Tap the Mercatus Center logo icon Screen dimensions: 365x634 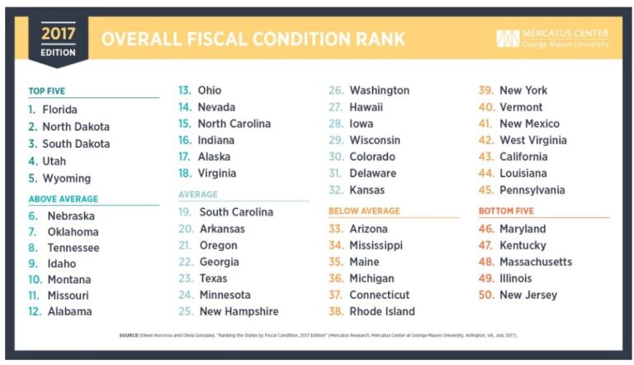507,39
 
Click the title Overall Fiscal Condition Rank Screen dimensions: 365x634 253,39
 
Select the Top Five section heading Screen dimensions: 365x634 48,91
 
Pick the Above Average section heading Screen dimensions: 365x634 63,199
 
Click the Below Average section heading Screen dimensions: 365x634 364,211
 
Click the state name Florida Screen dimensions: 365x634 59,109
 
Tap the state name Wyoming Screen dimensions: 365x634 67,178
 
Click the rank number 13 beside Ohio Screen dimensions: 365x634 184,91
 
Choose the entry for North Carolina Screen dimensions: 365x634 234,124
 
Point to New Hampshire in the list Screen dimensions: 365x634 239,312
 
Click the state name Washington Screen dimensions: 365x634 379,91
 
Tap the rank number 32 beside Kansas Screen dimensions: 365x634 336,190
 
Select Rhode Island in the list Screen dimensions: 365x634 382,312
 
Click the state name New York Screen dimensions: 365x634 523,91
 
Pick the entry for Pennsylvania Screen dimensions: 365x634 532,190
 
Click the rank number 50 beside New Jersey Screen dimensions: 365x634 486,295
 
